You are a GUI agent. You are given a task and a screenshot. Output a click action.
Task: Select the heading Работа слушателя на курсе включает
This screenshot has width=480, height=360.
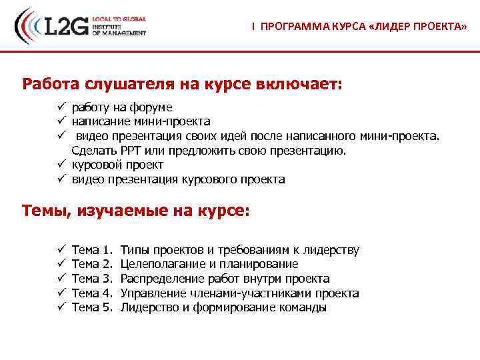point(181,85)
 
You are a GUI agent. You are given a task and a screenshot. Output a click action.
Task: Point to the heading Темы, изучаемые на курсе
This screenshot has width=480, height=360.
point(136,211)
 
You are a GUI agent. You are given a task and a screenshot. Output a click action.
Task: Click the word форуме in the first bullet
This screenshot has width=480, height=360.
point(152,107)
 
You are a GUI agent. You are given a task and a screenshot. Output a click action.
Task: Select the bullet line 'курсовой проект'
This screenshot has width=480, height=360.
point(117,165)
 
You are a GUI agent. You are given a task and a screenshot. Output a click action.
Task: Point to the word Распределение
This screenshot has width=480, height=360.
point(165,279)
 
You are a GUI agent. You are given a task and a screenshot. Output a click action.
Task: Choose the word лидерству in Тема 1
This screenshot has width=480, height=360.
point(331,250)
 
